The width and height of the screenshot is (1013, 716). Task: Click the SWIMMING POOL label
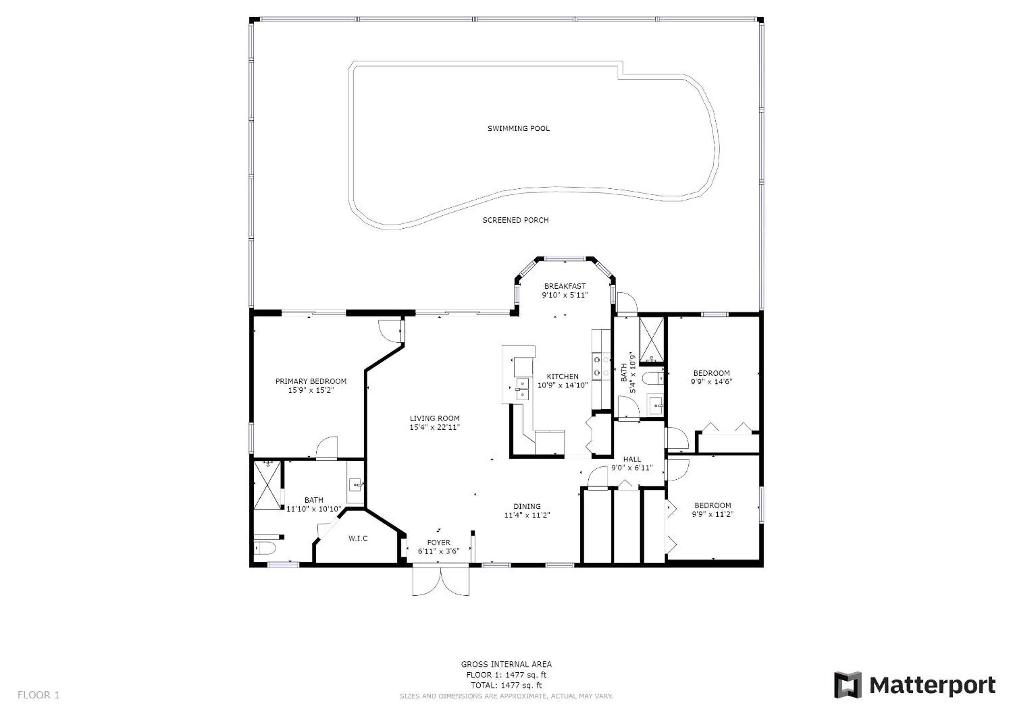(x=519, y=128)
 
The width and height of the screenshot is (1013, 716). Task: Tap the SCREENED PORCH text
(x=515, y=220)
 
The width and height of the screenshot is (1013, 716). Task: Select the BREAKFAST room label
(x=565, y=286)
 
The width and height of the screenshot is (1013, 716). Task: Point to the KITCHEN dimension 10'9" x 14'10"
(x=563, y=385)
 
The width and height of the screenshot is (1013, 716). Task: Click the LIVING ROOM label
(x=435, y=418)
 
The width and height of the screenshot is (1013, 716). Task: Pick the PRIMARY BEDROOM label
(x=311, y=381)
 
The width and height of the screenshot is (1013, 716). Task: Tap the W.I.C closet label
(x=358, y=538)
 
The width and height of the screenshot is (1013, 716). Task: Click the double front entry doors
(x=441, y=582)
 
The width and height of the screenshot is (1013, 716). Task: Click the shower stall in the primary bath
(x=267, y=485)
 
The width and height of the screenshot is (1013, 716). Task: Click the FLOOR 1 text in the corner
(x=38, y=695)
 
